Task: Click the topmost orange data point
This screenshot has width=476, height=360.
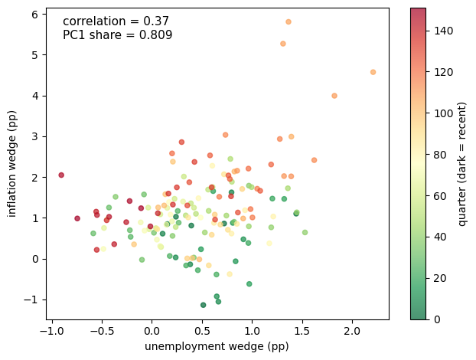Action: [289, 22]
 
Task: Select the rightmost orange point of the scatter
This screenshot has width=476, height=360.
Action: [373, 72]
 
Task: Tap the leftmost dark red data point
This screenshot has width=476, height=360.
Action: [61, 175]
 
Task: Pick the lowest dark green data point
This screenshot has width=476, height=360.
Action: [204, 305]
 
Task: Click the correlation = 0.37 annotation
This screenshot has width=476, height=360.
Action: [116, 21]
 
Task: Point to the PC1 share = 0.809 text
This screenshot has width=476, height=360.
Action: [118, 35]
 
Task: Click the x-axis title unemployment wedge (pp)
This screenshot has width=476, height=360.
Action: [217, 346]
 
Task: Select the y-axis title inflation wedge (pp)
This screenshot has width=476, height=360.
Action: [11, 164]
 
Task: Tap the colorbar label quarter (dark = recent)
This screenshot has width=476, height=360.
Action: [461, 164]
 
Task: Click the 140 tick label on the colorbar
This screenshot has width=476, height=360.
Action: [444, 31]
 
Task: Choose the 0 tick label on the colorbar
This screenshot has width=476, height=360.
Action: [437, 319]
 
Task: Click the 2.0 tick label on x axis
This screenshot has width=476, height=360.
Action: [352, 331]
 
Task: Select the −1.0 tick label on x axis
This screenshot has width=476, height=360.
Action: [52, 331]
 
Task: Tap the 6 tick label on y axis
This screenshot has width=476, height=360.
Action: [35, 15]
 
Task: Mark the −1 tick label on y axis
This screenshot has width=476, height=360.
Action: [31, 299]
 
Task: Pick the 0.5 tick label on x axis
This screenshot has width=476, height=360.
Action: [202, 331]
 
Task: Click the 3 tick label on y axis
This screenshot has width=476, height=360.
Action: [35, 136]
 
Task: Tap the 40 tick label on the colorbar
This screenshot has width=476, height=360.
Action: [440, 237]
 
